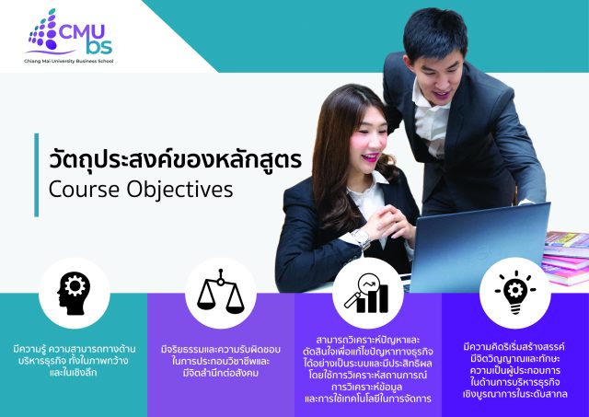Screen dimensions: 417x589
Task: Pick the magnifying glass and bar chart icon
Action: click(367, 291)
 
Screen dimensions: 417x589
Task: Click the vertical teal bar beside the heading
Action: click(37, 171)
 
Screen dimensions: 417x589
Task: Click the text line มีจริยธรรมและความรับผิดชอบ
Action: click(221, 349)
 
